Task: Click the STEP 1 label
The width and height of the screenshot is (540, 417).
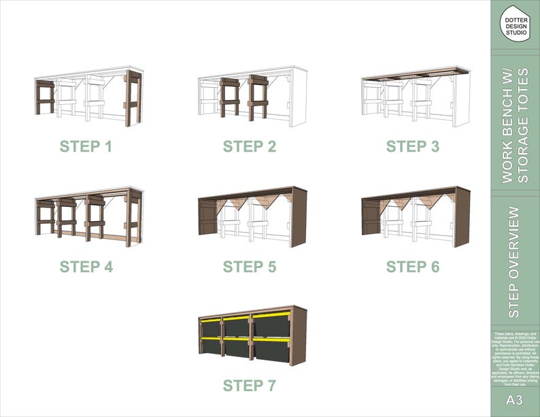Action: (x=86, y=146)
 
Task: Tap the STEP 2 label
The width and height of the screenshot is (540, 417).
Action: (x=250, y=146)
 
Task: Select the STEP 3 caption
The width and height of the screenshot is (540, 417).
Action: (x=413, y=146)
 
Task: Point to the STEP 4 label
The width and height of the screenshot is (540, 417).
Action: (x=86, y=267)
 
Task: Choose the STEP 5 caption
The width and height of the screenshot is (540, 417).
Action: (x=250, y=267)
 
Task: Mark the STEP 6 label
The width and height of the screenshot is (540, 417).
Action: (x=413, y=267)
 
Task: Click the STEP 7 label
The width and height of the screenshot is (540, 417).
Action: (x=250, y=386)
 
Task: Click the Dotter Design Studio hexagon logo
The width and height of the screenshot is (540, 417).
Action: (x=515, y=23)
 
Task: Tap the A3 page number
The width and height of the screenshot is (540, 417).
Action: (x=515, y=400)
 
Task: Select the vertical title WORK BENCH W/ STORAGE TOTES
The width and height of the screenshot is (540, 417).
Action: (x=515, y=125)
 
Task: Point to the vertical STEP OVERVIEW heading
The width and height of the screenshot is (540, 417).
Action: (x=515, y=262)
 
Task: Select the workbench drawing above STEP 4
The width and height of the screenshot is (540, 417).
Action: (x=88, y=216)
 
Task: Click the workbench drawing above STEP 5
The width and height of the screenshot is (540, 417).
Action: (x=251, y=216)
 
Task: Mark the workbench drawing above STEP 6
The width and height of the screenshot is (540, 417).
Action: (x=414, y=216)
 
